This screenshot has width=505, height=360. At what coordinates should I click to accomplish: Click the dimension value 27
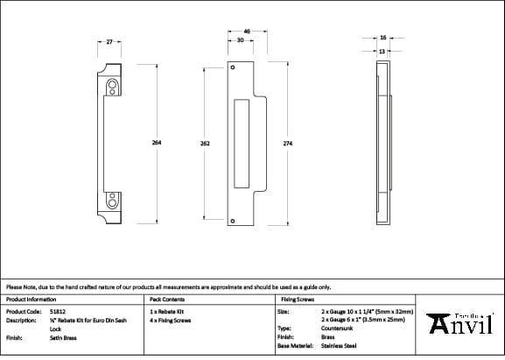coord(109,41)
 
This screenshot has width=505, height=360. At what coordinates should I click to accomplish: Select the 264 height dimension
coord(157,143)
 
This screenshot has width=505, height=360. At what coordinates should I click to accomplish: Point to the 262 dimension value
coord(204,143)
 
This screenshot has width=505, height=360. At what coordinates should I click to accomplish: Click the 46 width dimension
coord(247,32)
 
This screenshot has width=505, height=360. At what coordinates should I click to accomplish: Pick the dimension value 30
coord(240,40)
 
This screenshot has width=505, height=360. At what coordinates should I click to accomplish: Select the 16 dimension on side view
coord(383,38)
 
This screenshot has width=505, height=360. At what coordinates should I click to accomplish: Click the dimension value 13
coord(383,51)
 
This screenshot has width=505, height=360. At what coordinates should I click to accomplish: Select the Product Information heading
coord(31,299)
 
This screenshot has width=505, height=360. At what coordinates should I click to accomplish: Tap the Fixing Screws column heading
coord(297,299)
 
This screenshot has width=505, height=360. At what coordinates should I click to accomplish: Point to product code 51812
coord(58,311)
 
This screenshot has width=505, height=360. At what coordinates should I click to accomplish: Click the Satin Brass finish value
coord(64,336)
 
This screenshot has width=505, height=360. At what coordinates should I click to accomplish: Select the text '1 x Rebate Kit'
coord(167,311)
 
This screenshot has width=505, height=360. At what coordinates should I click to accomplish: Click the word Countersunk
coord(338,328)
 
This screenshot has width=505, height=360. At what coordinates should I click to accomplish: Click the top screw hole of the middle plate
coord(233,67)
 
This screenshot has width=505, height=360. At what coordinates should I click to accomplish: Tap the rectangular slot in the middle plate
coord(242,143)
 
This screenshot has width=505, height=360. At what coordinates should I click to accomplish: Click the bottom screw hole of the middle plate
coord(233,223)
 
